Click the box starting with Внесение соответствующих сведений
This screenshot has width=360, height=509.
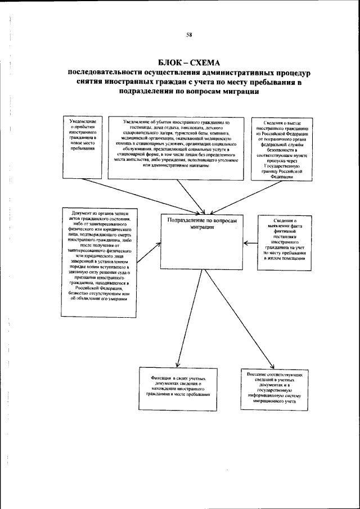[x=276, y=388]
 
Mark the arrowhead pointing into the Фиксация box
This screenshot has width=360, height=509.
[x=178, y=364]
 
